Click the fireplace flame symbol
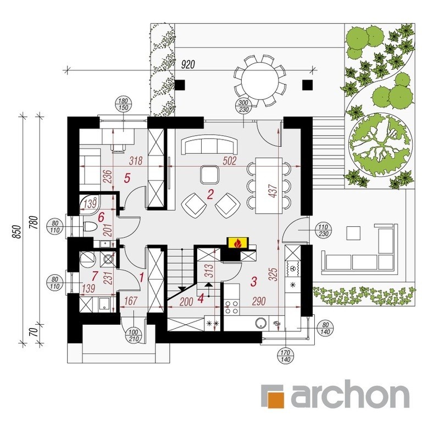(237, 243)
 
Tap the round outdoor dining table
(260, 80)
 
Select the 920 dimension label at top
(187, 65)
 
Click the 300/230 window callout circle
(243, 106)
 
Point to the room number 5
(127, 178)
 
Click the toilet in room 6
(89, 226)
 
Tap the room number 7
(95, 276)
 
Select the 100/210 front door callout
(134, 335)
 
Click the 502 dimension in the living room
(230, 160)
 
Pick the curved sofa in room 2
(210, 145)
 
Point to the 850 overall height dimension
(16, 231)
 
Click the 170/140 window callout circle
(286, 356)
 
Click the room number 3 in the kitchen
(253, 281)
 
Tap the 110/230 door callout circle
(323, 231)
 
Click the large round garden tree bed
(380, 145)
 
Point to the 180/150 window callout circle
(123, 104)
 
